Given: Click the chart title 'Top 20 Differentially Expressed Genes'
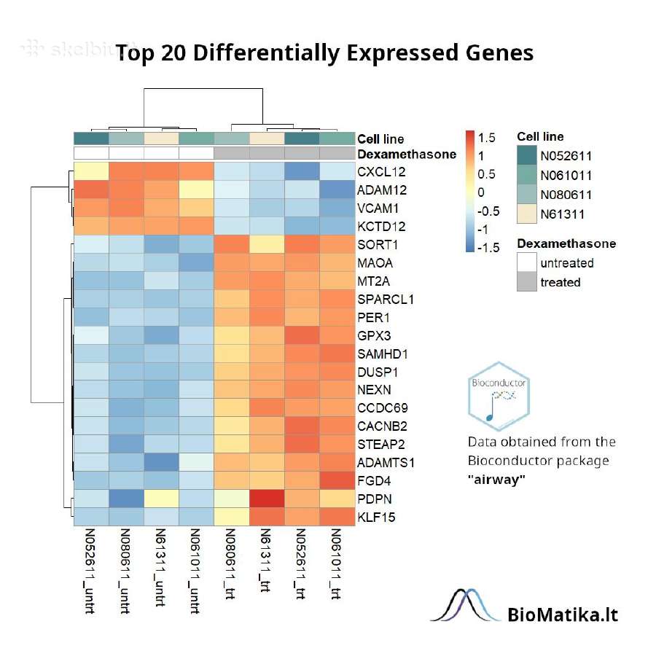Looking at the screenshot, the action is pyautogui.click(x=324, y=53).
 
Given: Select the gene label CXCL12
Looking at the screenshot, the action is pyautogui.click(x=381, y=172).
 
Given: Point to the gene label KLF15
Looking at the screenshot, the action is pyautogui.click(x=376, y=517).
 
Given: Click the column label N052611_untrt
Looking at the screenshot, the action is pyautogui.click(x=90, y=571).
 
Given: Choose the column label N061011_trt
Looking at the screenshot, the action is pyautogui.click(x=336, y=563).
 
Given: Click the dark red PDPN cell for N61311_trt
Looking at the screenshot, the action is pyautogui.click(x=267, y=499).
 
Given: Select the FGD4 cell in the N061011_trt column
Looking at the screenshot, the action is pyautogui.click(x=337, y=481).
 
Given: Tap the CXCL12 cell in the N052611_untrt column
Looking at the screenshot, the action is pyautogui.click(x=92, y=171).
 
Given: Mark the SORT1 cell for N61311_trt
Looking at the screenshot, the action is pyautogui.click(x=267, y=244).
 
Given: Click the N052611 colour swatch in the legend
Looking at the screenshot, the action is pyautogui.click(x=527, y=155).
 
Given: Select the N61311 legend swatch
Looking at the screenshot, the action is pyautogui.click(x=527, y=214).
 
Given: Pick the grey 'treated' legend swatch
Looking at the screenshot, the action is pyautogui.click(x=527, y=281).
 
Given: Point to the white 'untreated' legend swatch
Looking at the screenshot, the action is pyautogui.click(x=527, y=262).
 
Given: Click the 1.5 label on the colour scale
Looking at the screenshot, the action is pyautogui.click(x=487, y=138).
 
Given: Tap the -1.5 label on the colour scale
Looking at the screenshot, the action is pyautogui.click(x=488, y=248).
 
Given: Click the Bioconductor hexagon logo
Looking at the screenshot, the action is pyautogui.click(x=499, y=397).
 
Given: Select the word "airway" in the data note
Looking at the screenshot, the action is pyautogui.click(x=496, y=480).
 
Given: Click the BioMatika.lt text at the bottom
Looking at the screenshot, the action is pyautogui.click(x=563, y=615).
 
